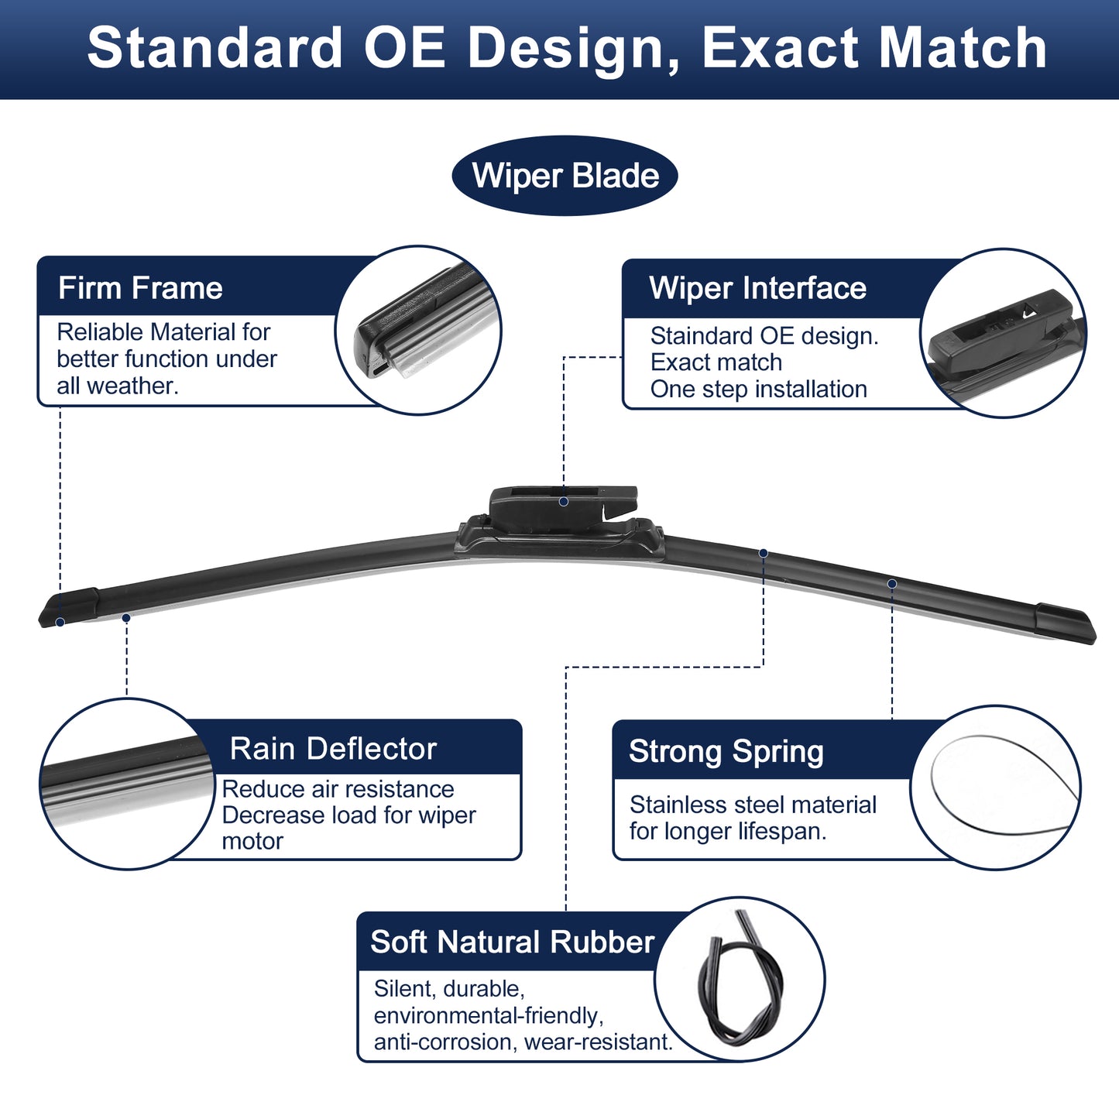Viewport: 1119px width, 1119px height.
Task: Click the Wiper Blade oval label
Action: [565, 175]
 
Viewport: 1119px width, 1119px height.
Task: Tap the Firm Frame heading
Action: [140, 288]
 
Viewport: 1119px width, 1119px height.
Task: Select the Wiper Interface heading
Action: [757, 288]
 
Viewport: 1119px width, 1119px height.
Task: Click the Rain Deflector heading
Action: [333, 749]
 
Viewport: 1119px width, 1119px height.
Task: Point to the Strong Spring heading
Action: [726, 752]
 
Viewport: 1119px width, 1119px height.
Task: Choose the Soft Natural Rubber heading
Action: [512, 942]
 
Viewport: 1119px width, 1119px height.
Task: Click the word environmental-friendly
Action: [489, 1016]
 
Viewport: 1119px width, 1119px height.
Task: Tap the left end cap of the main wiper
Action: [68, 607]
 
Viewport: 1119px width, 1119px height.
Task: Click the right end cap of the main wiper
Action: [1066, 623]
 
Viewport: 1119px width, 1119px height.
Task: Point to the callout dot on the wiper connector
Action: [563, 502]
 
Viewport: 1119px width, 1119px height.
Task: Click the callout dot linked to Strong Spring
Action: [892, 584]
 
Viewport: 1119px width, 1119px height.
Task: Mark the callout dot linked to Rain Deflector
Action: [126, 618]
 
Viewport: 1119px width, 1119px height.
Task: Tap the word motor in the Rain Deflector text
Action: [252, 842]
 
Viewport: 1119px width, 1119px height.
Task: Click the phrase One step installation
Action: [758, 390]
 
